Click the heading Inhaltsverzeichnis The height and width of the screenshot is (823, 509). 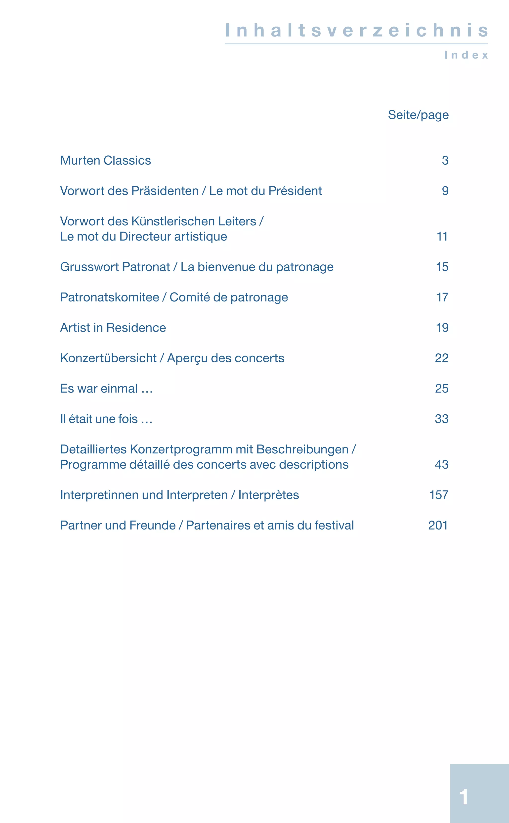click(x=356, y=30)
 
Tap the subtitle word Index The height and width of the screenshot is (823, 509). click(x=466, y=55)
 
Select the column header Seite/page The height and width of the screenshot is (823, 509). click(x=418, y=115)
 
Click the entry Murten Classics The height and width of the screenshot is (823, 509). click(x=105, y=161)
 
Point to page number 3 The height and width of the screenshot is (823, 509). click(x=445, y=161)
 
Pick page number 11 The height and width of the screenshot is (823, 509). click(x=442, y=237)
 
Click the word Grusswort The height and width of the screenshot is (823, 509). click(x=89, y=267)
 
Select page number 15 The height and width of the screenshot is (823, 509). click(x=442, y=267)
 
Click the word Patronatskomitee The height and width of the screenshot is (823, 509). click(x=109, y=297)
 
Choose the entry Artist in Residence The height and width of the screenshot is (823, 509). click(x=113, y=328)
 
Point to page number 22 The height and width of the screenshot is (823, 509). click(x=441, y=358)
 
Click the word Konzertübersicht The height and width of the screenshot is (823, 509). click(x=108, y=358)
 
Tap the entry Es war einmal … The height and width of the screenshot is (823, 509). click(x=106, y=389)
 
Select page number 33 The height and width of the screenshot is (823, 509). click(x=441, y=419)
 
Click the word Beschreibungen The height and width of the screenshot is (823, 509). click(x=302, y=449)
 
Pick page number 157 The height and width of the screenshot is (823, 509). click(x=439, y=495)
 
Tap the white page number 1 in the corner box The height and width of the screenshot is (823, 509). click(x=464, y=797)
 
